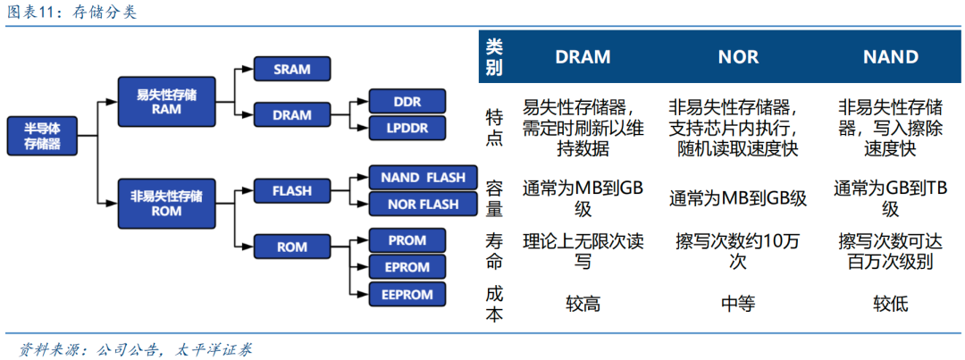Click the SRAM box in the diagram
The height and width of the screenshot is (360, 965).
pos(291,70)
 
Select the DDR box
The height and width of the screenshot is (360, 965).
pos(407,101)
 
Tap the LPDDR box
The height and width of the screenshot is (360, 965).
pos(407,128)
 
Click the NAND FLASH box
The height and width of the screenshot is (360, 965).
pos(416,177)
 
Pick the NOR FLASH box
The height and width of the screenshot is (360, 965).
pos(416,204)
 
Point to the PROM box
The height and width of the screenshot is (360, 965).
pos(407,239)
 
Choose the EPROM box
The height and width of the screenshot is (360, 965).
pos(407,266)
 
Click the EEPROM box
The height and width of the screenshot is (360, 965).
pos(407,294)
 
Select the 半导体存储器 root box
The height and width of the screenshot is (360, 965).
pos(42,136)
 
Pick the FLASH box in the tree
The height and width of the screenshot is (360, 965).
pos(291,190)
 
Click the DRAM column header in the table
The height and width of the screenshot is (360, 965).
pos(583,57)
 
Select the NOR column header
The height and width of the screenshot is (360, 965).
pos(737,57)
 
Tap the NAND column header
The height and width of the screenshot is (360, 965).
pos(890,57)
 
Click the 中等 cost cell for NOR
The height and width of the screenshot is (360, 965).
pos(737,304)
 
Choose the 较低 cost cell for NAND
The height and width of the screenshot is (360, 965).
pos(890,304)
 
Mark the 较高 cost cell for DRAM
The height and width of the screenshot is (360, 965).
pos(583,304)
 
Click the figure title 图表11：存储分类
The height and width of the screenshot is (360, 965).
pos(72,13)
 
